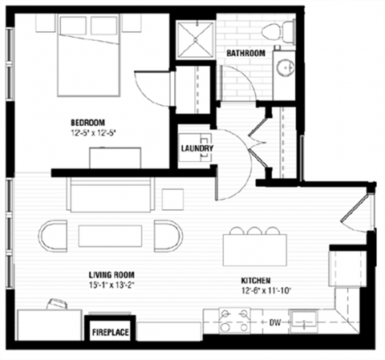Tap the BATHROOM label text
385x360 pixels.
tap(245, 53)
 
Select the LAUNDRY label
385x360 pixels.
tap(197, 148)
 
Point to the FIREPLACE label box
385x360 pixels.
tap(110, 330)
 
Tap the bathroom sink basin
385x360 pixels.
tap(285, 67)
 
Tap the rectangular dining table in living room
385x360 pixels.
tap(111, 236)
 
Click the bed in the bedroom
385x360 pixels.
tap(78, 56)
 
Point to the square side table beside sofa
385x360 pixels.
tap(173, 198)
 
